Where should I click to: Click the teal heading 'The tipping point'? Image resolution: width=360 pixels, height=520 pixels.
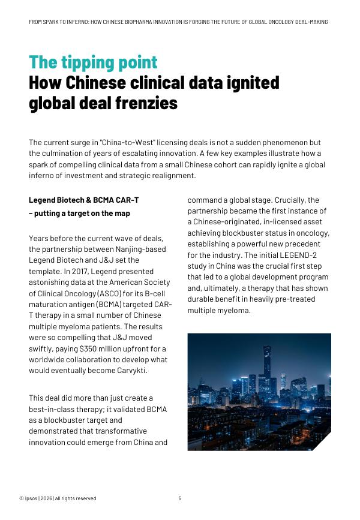click(93, 62)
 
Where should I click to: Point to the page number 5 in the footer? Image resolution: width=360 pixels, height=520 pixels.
click(179, 498)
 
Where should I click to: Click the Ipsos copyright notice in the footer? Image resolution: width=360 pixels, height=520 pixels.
click(58, 498)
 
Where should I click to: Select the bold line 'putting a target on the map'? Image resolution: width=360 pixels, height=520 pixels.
click(82, 214)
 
